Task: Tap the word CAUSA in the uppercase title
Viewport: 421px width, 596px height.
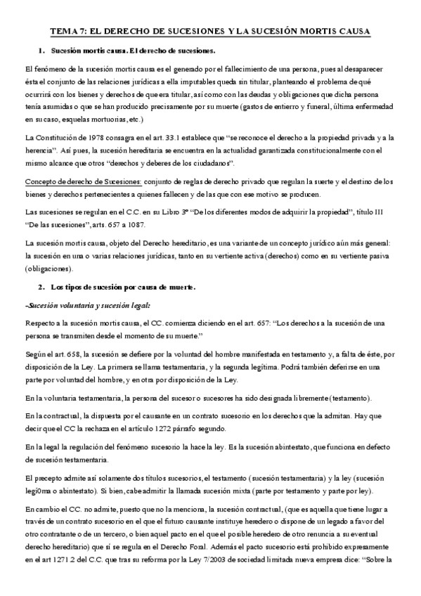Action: (x=353, y=32)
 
